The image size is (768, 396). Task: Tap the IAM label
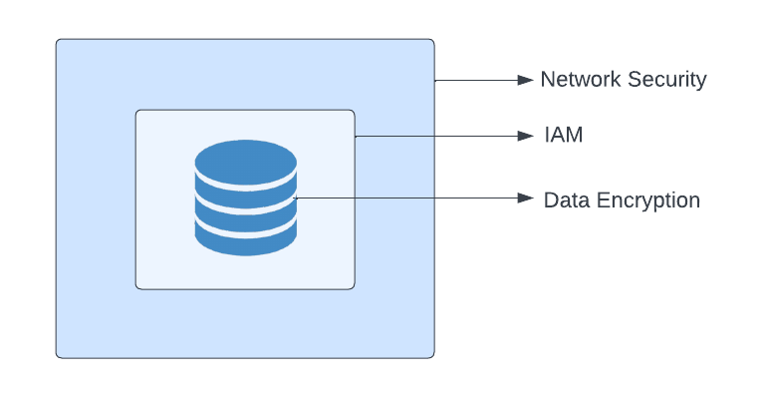pos(563,136)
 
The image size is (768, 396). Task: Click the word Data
pos(565,199)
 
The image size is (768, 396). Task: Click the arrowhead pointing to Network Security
pos(526,80)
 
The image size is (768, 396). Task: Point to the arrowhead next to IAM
pos(526,136)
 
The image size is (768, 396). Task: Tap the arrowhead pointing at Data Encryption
pos(526,198)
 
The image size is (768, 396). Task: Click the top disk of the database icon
pos(245,160)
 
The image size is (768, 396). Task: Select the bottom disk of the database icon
pos(245,237)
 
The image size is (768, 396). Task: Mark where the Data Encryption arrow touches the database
pos(297,198)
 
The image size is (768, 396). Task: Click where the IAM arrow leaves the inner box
pos(355,136)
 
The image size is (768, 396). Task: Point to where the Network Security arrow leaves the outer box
pos(434,80)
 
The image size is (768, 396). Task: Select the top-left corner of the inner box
pos(137,112)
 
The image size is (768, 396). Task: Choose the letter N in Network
pos(547,80)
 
